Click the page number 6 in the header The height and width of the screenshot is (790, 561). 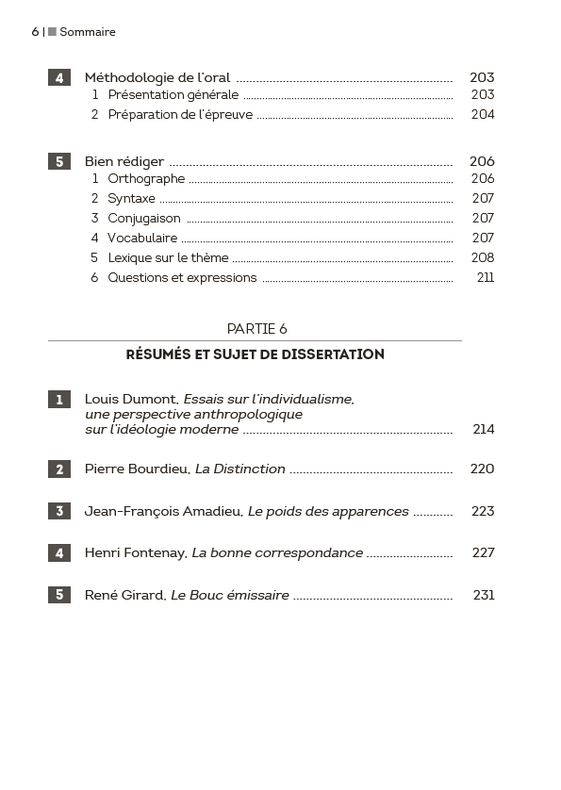pyautogui.click(x=35, y=32)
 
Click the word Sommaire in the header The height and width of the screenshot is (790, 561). pyautogui.click(x=88, y=32)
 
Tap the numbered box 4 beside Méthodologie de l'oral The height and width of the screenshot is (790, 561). pyautogui.click(x=59, y=78)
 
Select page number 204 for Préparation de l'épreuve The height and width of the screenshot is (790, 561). pyautogui.click(x=482, y=114)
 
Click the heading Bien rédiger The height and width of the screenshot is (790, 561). pyautogui.click(x=124, y=161)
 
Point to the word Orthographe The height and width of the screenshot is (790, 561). pyautogui.click(x=146, y=178)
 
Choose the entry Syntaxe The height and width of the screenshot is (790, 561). pyautogui.click(x=131, y=198)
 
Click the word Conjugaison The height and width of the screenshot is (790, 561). pyautogui.click(x=144, y=218)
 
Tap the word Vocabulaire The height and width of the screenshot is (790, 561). pyautogui.click(x=142, y=238)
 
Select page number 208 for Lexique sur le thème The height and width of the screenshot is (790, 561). pyautogui.click(x=482, y=257)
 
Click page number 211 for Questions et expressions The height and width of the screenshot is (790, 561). pyautogui.click(x=486, y=277)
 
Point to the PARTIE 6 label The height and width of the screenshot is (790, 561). pyautogui.click(x=257, y=328)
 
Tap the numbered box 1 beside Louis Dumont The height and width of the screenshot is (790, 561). pyautogui.click(x=59, y=400)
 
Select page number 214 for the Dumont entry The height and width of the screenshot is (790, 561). pyautogui.click(x=484, y=429)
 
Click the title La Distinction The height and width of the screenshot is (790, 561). pyautogui.click(x=240, y=469)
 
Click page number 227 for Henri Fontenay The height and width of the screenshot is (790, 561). pyautogui.click(x=484, y=552)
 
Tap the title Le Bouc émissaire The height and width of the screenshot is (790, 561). pyautogui.click(x=230, y=595)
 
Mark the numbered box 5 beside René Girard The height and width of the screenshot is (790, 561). pyautogui.click(x=59, y=595)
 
